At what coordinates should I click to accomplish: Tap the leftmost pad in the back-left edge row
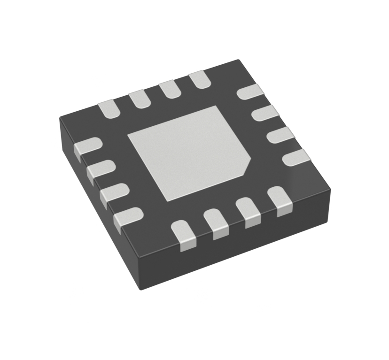pos(109,109)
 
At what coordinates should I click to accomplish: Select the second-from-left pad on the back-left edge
pos(139,99)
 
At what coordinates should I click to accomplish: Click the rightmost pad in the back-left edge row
pos(199,79)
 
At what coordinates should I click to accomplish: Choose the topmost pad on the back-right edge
pos(250,91)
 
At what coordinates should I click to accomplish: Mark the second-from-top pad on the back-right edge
pos(265,113)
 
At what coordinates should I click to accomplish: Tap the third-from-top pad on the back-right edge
pos(280,135)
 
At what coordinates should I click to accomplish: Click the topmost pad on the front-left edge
pos(87,146)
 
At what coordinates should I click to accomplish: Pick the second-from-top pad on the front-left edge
pos(101,169)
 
